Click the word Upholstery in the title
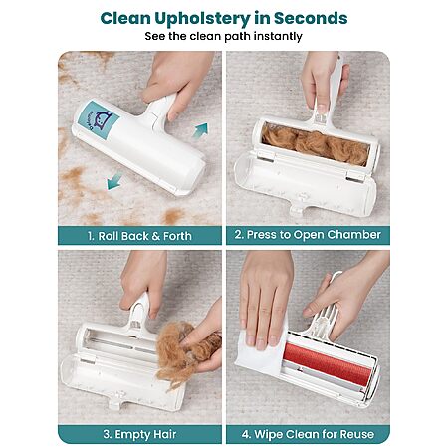pos(202,19)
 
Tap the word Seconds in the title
pos(311,18)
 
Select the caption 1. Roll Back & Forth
pos(139,236)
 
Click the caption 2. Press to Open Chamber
pos(308,235)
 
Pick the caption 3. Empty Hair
pos(139,434)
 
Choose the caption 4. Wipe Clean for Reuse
pos(308,434)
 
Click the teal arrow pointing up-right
pos(200,130)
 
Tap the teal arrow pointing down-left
pos(114,182)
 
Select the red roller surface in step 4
pos(328,363)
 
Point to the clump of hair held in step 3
pos(186,351)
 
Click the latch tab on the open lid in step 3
pos(116,401)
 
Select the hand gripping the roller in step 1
pos(176,80)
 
